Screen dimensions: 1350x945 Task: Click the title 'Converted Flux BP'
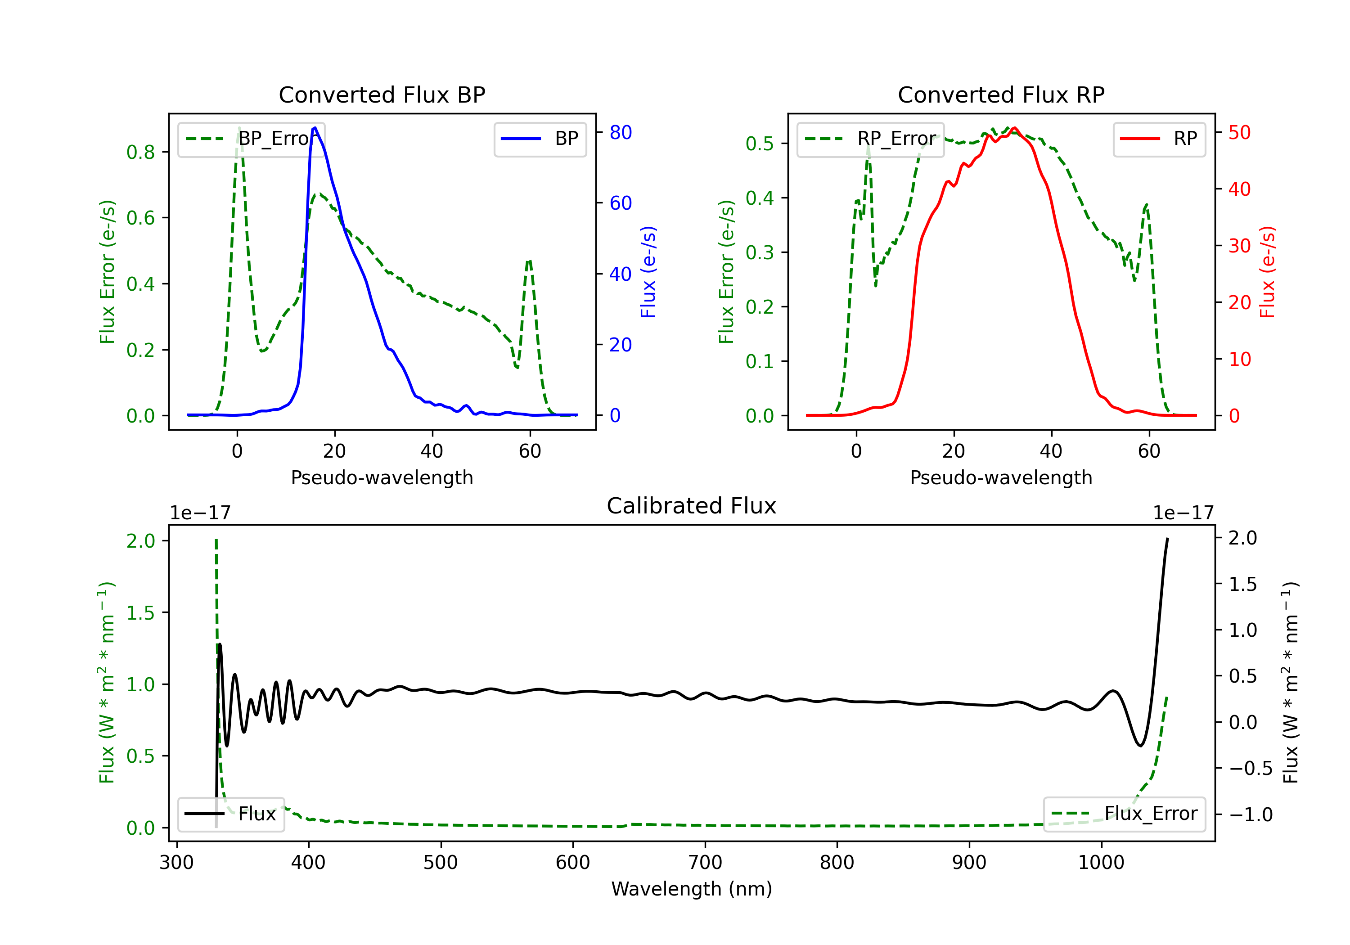[382, 94]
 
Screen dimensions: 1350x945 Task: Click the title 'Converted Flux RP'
[1001, 94]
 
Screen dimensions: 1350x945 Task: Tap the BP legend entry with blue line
[540, 139]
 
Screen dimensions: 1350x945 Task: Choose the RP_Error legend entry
[870, 139]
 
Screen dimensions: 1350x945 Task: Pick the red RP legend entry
[1159, 139]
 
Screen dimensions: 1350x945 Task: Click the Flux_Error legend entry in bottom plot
[1124, 814]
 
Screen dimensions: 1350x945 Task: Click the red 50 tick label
[1239, 132]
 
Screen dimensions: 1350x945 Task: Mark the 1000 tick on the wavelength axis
[1101, 863]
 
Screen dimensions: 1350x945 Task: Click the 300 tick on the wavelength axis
[176, 863]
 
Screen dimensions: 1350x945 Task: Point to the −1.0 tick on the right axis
[1251, 814]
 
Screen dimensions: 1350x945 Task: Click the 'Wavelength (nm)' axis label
[692, 889]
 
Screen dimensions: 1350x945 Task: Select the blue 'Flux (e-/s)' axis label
[648, 272]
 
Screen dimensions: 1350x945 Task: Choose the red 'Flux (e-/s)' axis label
[1267, 272]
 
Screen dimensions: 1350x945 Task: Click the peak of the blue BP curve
[315, 128]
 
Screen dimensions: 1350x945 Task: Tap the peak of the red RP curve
[1014, 128]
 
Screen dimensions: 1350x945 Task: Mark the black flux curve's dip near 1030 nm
[1140, 746]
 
